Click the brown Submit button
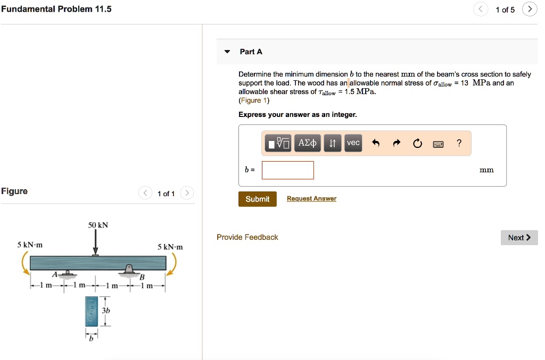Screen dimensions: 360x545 point(258,199)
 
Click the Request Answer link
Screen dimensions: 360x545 point(311,199)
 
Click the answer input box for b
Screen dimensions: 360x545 point(288,170)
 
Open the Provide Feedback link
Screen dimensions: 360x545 point(247,237)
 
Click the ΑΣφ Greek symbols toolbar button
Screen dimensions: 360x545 point(308,143)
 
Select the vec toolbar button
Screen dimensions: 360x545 point(353,143)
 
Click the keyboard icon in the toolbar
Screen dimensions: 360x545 point(438,144)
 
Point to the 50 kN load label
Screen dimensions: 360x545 point(98,225)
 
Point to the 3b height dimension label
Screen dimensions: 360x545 point(106,310)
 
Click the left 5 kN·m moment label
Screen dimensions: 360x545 point(30,245)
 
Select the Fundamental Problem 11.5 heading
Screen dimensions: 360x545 point(56,9)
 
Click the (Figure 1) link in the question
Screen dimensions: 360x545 point(254,101)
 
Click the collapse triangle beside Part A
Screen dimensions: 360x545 point(227,52)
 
